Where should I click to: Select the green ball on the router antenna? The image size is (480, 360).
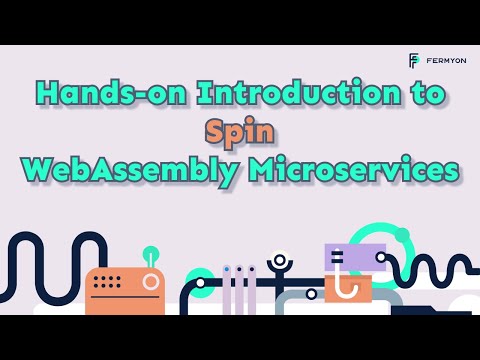[151, 254]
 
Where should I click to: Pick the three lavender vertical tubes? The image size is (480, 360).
[239, 290]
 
